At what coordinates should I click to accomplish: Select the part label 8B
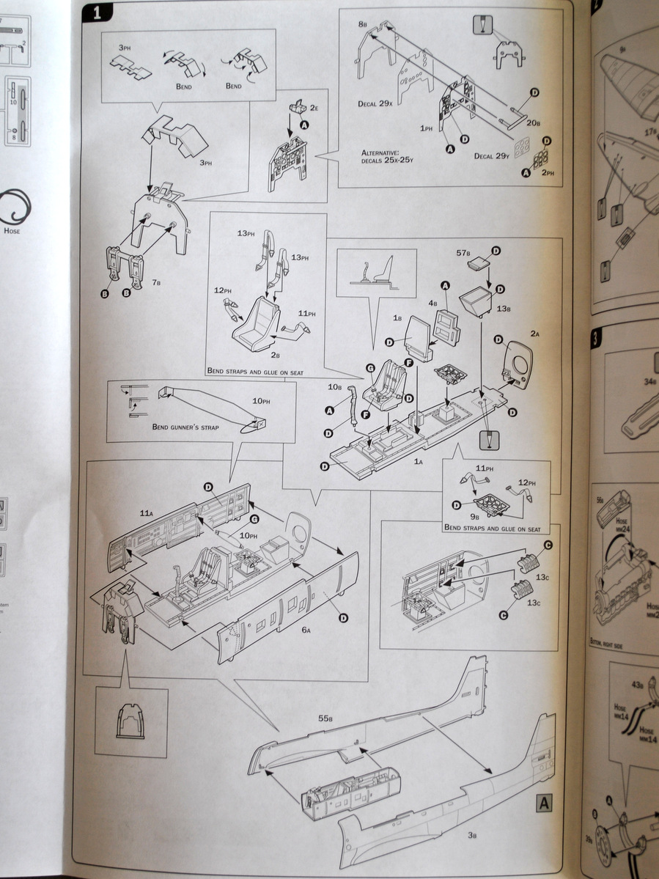coord(363,25)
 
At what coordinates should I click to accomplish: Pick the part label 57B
coord(463,253)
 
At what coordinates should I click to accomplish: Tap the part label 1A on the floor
coord(419,460)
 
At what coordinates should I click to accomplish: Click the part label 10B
coord(334,386)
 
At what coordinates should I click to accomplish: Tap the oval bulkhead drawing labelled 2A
coord(520,362)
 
